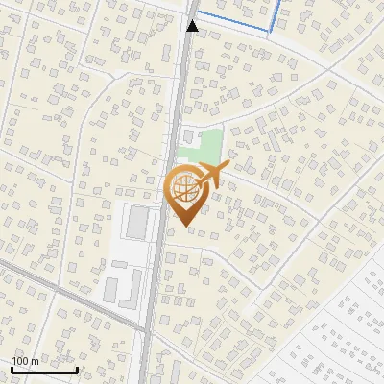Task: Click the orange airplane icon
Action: (x=211, y=175)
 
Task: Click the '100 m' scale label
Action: (x=25, y=361)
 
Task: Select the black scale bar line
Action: (x=44, y=370)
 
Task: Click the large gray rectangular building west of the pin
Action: (x=138, y=223)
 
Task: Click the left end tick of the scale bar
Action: (x=12, y=368)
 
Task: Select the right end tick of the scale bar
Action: (x=78, y=368)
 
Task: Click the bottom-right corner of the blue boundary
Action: (x=272, y=32)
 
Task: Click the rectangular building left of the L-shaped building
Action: (x=109, y=287)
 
